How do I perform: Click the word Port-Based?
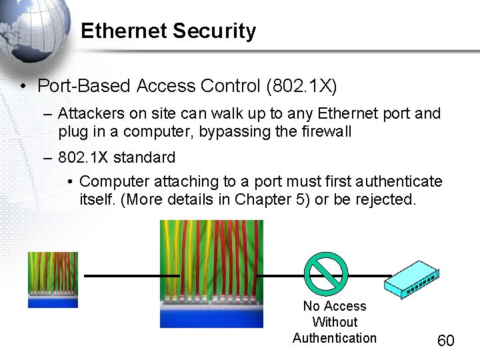(84, 86)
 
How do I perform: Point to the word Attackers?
(88, 113)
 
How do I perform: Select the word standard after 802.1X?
(144, 158)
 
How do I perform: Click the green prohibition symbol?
(326, 274)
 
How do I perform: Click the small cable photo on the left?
(53, 279)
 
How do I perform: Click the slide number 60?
(445, 341)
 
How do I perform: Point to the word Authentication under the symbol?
(335, 338)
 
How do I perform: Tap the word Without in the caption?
(335, 322)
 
